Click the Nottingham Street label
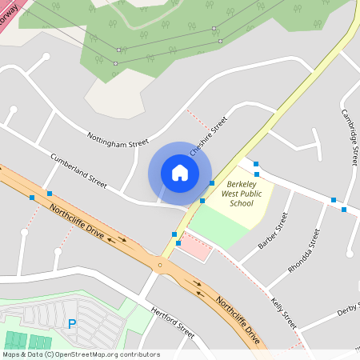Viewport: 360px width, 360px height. [x=118, y=140]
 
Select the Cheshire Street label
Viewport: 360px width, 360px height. [x=209, y=136]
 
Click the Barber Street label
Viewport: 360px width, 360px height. [x=273, y=231]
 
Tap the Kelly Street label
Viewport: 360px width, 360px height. [x=283, y=314]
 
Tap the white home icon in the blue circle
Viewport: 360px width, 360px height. [x=180, y=173]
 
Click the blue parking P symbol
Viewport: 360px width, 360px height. [x=72, y=324]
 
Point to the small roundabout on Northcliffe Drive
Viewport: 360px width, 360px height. [x=160, y=264]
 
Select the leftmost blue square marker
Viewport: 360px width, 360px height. [x=32, y=197]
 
